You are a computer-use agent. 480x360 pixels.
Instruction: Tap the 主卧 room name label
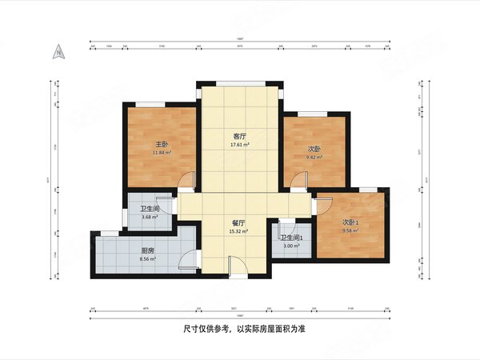click(x=161, y=144)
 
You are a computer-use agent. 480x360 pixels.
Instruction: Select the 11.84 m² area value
click(x=161, y=152)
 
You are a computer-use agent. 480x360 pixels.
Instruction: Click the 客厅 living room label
click(x=239, y=137)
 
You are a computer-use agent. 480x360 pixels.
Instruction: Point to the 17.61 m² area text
click(x=239, y=145)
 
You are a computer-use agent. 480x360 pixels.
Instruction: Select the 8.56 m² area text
click(x=147, y=258)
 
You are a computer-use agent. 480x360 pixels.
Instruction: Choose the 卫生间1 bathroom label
click(x=290, y=238)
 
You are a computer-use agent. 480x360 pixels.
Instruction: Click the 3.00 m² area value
click(x=290, y=246)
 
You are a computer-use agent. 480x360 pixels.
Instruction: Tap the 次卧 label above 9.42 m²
click(x=314, y=149)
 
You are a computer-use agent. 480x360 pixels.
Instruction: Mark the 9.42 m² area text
click(x=314, y=157)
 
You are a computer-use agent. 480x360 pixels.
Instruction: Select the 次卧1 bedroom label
click(x=350, y=222)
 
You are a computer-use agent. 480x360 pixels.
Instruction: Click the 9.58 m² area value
click(x=350, y=230)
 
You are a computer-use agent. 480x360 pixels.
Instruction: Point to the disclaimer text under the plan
click(x=239, y=329)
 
